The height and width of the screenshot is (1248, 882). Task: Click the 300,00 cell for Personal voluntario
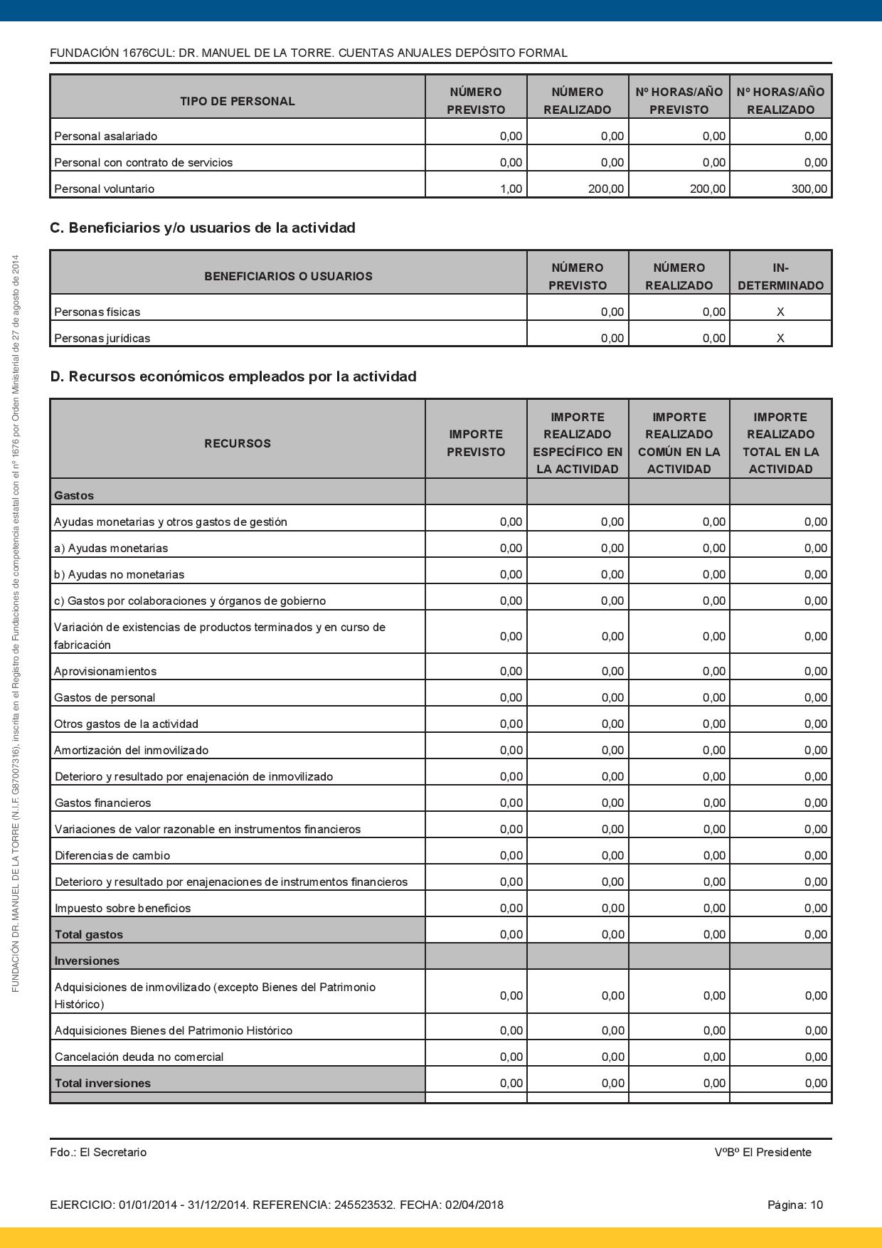tap(812, 189)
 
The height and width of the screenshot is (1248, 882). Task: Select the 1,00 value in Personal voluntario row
tap(511, 189)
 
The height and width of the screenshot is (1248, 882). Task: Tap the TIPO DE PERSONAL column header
tap(237, 101)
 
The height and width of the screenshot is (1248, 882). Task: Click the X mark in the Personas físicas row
tap(780, 312)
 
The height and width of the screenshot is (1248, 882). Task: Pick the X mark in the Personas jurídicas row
tap(780, 338)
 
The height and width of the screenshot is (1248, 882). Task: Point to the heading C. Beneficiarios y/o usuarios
tap(202, 228)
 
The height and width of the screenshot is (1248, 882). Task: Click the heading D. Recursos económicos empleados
tap(233, 376)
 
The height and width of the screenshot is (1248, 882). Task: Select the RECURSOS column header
tap(237, 443)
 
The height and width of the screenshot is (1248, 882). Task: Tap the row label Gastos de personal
tap(105, 697)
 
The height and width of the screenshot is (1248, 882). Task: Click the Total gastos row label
tap(88, 934)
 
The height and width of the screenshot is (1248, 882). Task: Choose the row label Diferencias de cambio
tap(112, 855)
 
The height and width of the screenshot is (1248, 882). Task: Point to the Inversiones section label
tap(87, 961)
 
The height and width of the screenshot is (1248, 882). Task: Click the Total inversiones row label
tap(102, 1083)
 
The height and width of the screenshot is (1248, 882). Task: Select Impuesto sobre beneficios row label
tap(122, 908)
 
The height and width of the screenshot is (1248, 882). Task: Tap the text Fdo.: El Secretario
tap(98, 1152)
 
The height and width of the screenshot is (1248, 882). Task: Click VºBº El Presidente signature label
tap(763, 1152)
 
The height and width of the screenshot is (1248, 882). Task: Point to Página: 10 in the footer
tap(795, 1205)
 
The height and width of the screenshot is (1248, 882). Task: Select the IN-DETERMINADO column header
tap(780, 276)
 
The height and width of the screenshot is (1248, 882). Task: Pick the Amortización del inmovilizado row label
tap(131, 750)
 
